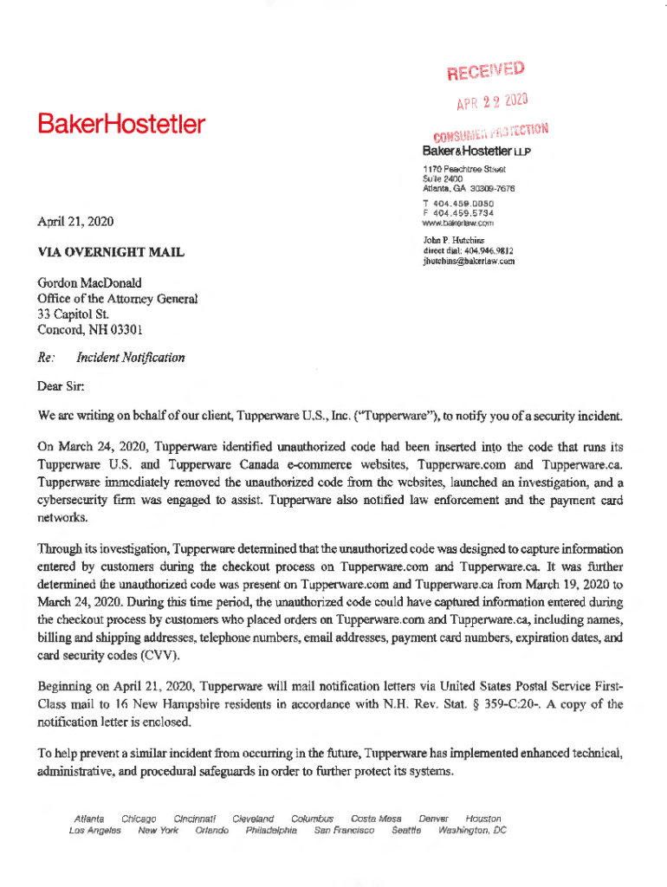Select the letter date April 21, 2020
72,221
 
